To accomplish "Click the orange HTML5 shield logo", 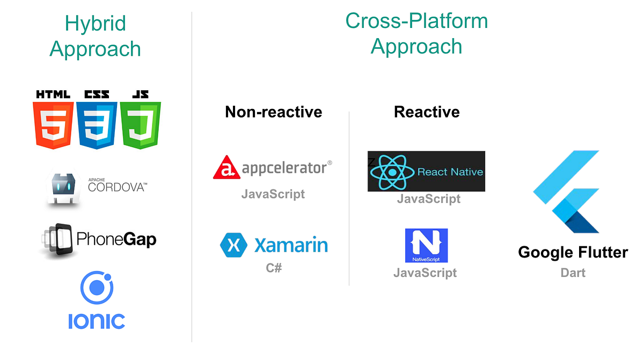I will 53,125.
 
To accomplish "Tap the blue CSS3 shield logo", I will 97,125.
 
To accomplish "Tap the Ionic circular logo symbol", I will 97,288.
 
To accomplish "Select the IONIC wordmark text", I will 97,321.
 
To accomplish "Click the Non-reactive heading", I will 273,112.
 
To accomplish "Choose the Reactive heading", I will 427,112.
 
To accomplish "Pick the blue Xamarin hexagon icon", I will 233,245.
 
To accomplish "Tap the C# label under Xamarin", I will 274,268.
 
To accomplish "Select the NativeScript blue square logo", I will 426,245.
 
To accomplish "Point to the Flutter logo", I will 567,192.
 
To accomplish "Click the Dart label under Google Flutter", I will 573,273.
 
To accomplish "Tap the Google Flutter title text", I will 573,252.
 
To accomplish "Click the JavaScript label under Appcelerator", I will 273,194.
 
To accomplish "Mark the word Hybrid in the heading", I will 96,23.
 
